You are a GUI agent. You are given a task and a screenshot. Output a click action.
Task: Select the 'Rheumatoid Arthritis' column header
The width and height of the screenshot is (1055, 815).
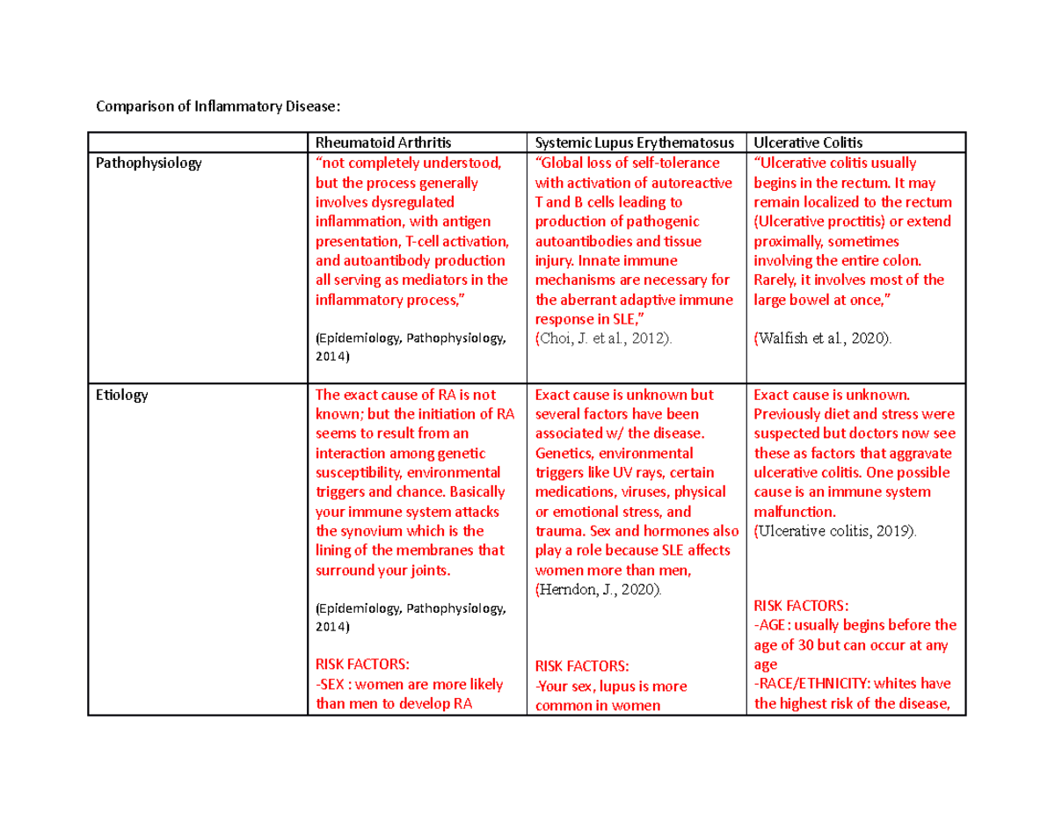(375, 143)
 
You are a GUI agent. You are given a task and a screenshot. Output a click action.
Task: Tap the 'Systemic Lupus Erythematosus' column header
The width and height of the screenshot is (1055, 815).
(634, 143)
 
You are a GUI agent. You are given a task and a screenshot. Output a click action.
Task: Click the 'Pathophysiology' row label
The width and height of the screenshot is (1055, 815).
(149, 164)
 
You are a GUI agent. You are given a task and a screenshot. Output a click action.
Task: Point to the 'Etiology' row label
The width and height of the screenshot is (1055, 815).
(121, 396)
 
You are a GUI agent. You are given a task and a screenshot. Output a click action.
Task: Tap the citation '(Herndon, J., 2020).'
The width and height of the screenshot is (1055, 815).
(597, 591)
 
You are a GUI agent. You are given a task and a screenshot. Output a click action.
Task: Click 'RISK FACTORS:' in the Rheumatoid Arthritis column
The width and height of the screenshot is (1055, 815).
(362, 665)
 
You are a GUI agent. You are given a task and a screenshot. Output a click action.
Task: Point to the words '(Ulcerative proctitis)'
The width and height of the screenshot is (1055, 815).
(817, 222)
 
